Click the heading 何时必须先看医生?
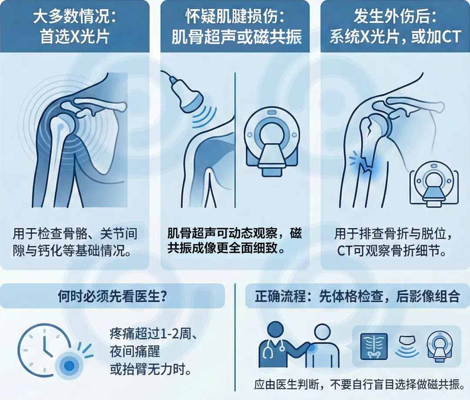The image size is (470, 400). click(112, 296)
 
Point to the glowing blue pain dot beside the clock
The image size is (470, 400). click(69, 365)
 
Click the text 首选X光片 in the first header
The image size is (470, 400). click(74, 37)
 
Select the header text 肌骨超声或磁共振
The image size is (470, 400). click(236, 37)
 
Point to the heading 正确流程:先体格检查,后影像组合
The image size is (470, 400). click(357, 296)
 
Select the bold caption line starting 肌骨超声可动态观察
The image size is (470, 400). click(235, 233)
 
